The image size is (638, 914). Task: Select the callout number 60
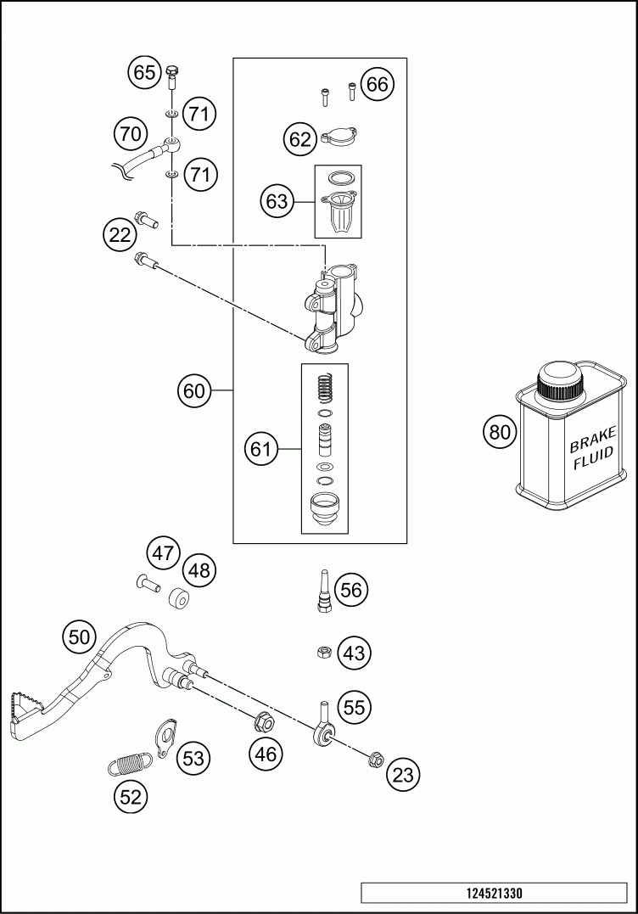194,390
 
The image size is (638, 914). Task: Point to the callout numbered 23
403,775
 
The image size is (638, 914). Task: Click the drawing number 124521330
494,893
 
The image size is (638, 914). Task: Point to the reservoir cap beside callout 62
338,137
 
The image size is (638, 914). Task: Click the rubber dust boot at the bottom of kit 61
325,507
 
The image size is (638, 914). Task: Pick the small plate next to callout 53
165,738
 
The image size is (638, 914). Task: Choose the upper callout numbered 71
199,113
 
